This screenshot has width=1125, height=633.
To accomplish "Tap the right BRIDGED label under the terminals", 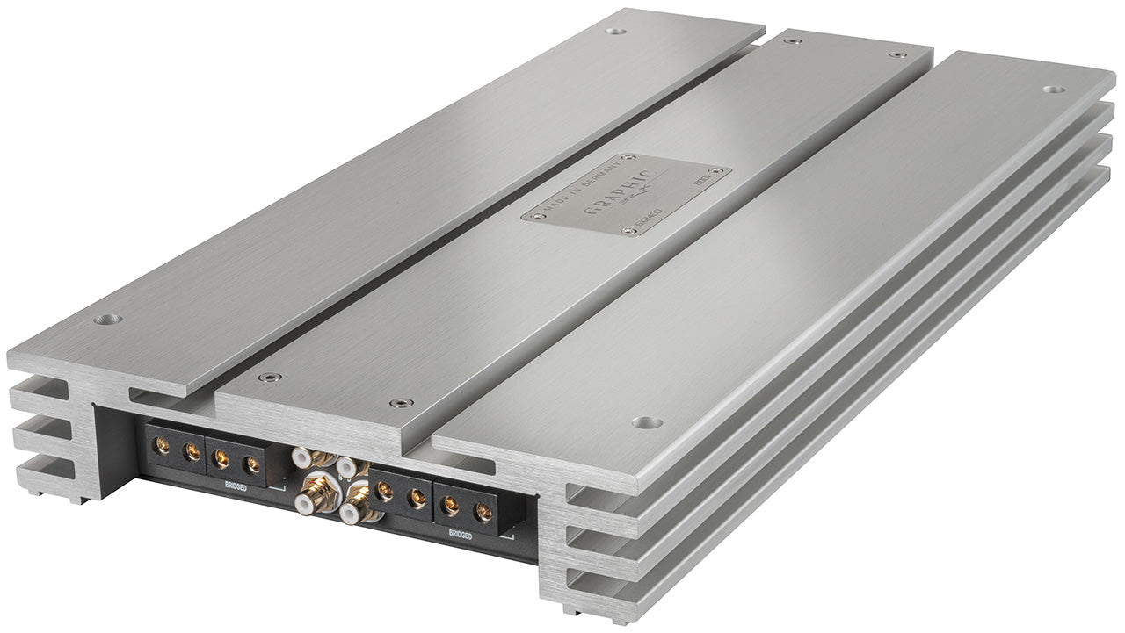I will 461,534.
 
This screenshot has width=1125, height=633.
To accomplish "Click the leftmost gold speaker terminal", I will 162,446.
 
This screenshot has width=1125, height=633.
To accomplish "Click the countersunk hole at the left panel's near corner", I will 108,319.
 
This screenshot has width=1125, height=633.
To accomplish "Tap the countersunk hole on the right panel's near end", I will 647,422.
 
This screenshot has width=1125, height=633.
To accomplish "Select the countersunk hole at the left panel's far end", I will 616,32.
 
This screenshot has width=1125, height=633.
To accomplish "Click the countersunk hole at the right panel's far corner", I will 1053,90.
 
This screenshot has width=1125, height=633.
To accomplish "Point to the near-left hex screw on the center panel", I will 265,378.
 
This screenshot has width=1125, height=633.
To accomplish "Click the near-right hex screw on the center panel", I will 402,403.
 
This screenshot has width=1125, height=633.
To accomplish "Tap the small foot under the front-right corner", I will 569,610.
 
